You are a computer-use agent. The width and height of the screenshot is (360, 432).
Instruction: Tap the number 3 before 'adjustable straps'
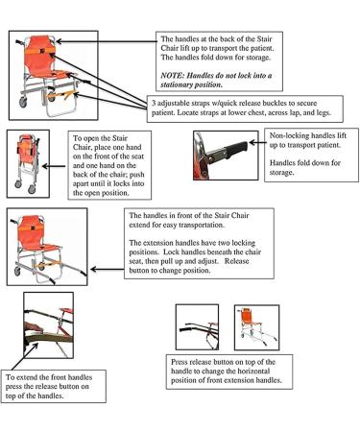154,104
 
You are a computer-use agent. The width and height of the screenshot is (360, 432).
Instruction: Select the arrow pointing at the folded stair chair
54,166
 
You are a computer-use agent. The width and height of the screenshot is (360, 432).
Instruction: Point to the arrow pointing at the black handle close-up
257,143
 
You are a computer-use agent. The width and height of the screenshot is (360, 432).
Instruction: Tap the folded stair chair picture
28,163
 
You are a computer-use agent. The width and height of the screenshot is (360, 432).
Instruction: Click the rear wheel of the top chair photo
23,102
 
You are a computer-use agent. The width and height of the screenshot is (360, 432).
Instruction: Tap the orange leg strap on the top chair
61,94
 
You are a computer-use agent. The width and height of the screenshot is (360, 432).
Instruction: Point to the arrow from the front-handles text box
108,270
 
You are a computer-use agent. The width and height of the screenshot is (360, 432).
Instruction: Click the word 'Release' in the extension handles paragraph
236,261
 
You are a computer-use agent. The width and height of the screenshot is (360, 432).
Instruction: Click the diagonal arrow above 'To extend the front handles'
25,356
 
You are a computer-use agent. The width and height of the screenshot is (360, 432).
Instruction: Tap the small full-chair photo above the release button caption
256,327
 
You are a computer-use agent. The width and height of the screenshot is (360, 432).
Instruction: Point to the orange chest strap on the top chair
40,51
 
